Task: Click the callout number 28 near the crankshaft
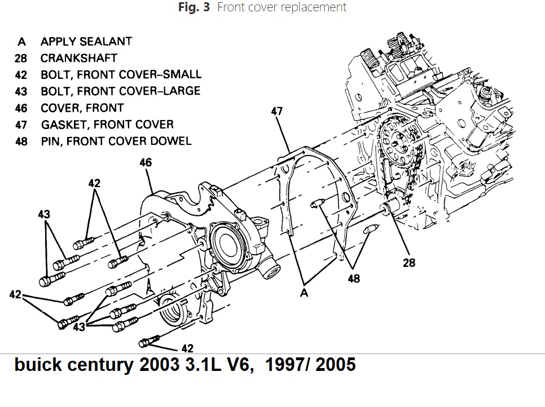[x=409, y=263]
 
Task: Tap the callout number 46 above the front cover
[x=145, y=163]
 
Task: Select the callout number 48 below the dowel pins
[x=354, y=278]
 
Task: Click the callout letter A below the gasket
[x=304, y=293]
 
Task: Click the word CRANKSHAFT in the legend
[x=78, y=58]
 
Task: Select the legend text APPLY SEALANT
[x=86, y=41]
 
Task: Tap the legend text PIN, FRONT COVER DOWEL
[x=116, y=141]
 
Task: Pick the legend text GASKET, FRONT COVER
[x=107, y=124]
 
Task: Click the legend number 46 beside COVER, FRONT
[x=21, y=108]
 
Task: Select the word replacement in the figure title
[x=314, y=7]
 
